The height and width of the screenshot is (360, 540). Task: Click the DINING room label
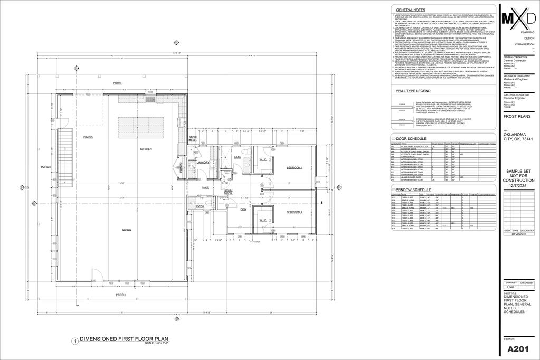(88, 137)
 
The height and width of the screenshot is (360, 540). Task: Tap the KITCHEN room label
(146, 149)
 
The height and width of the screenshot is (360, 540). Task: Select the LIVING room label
(127, 230)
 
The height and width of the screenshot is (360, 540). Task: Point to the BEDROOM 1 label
(294, 167)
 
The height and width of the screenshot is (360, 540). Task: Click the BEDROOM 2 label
(294, 212)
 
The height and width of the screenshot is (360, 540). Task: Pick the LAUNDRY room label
(203, 163)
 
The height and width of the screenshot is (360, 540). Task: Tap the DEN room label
(243, 210)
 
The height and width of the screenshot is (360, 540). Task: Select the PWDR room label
(200, 206)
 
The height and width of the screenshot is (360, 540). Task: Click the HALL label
(205, 187)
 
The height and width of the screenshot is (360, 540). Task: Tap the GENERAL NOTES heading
(411, 10)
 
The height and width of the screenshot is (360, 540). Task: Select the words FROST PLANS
(517, 116)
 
